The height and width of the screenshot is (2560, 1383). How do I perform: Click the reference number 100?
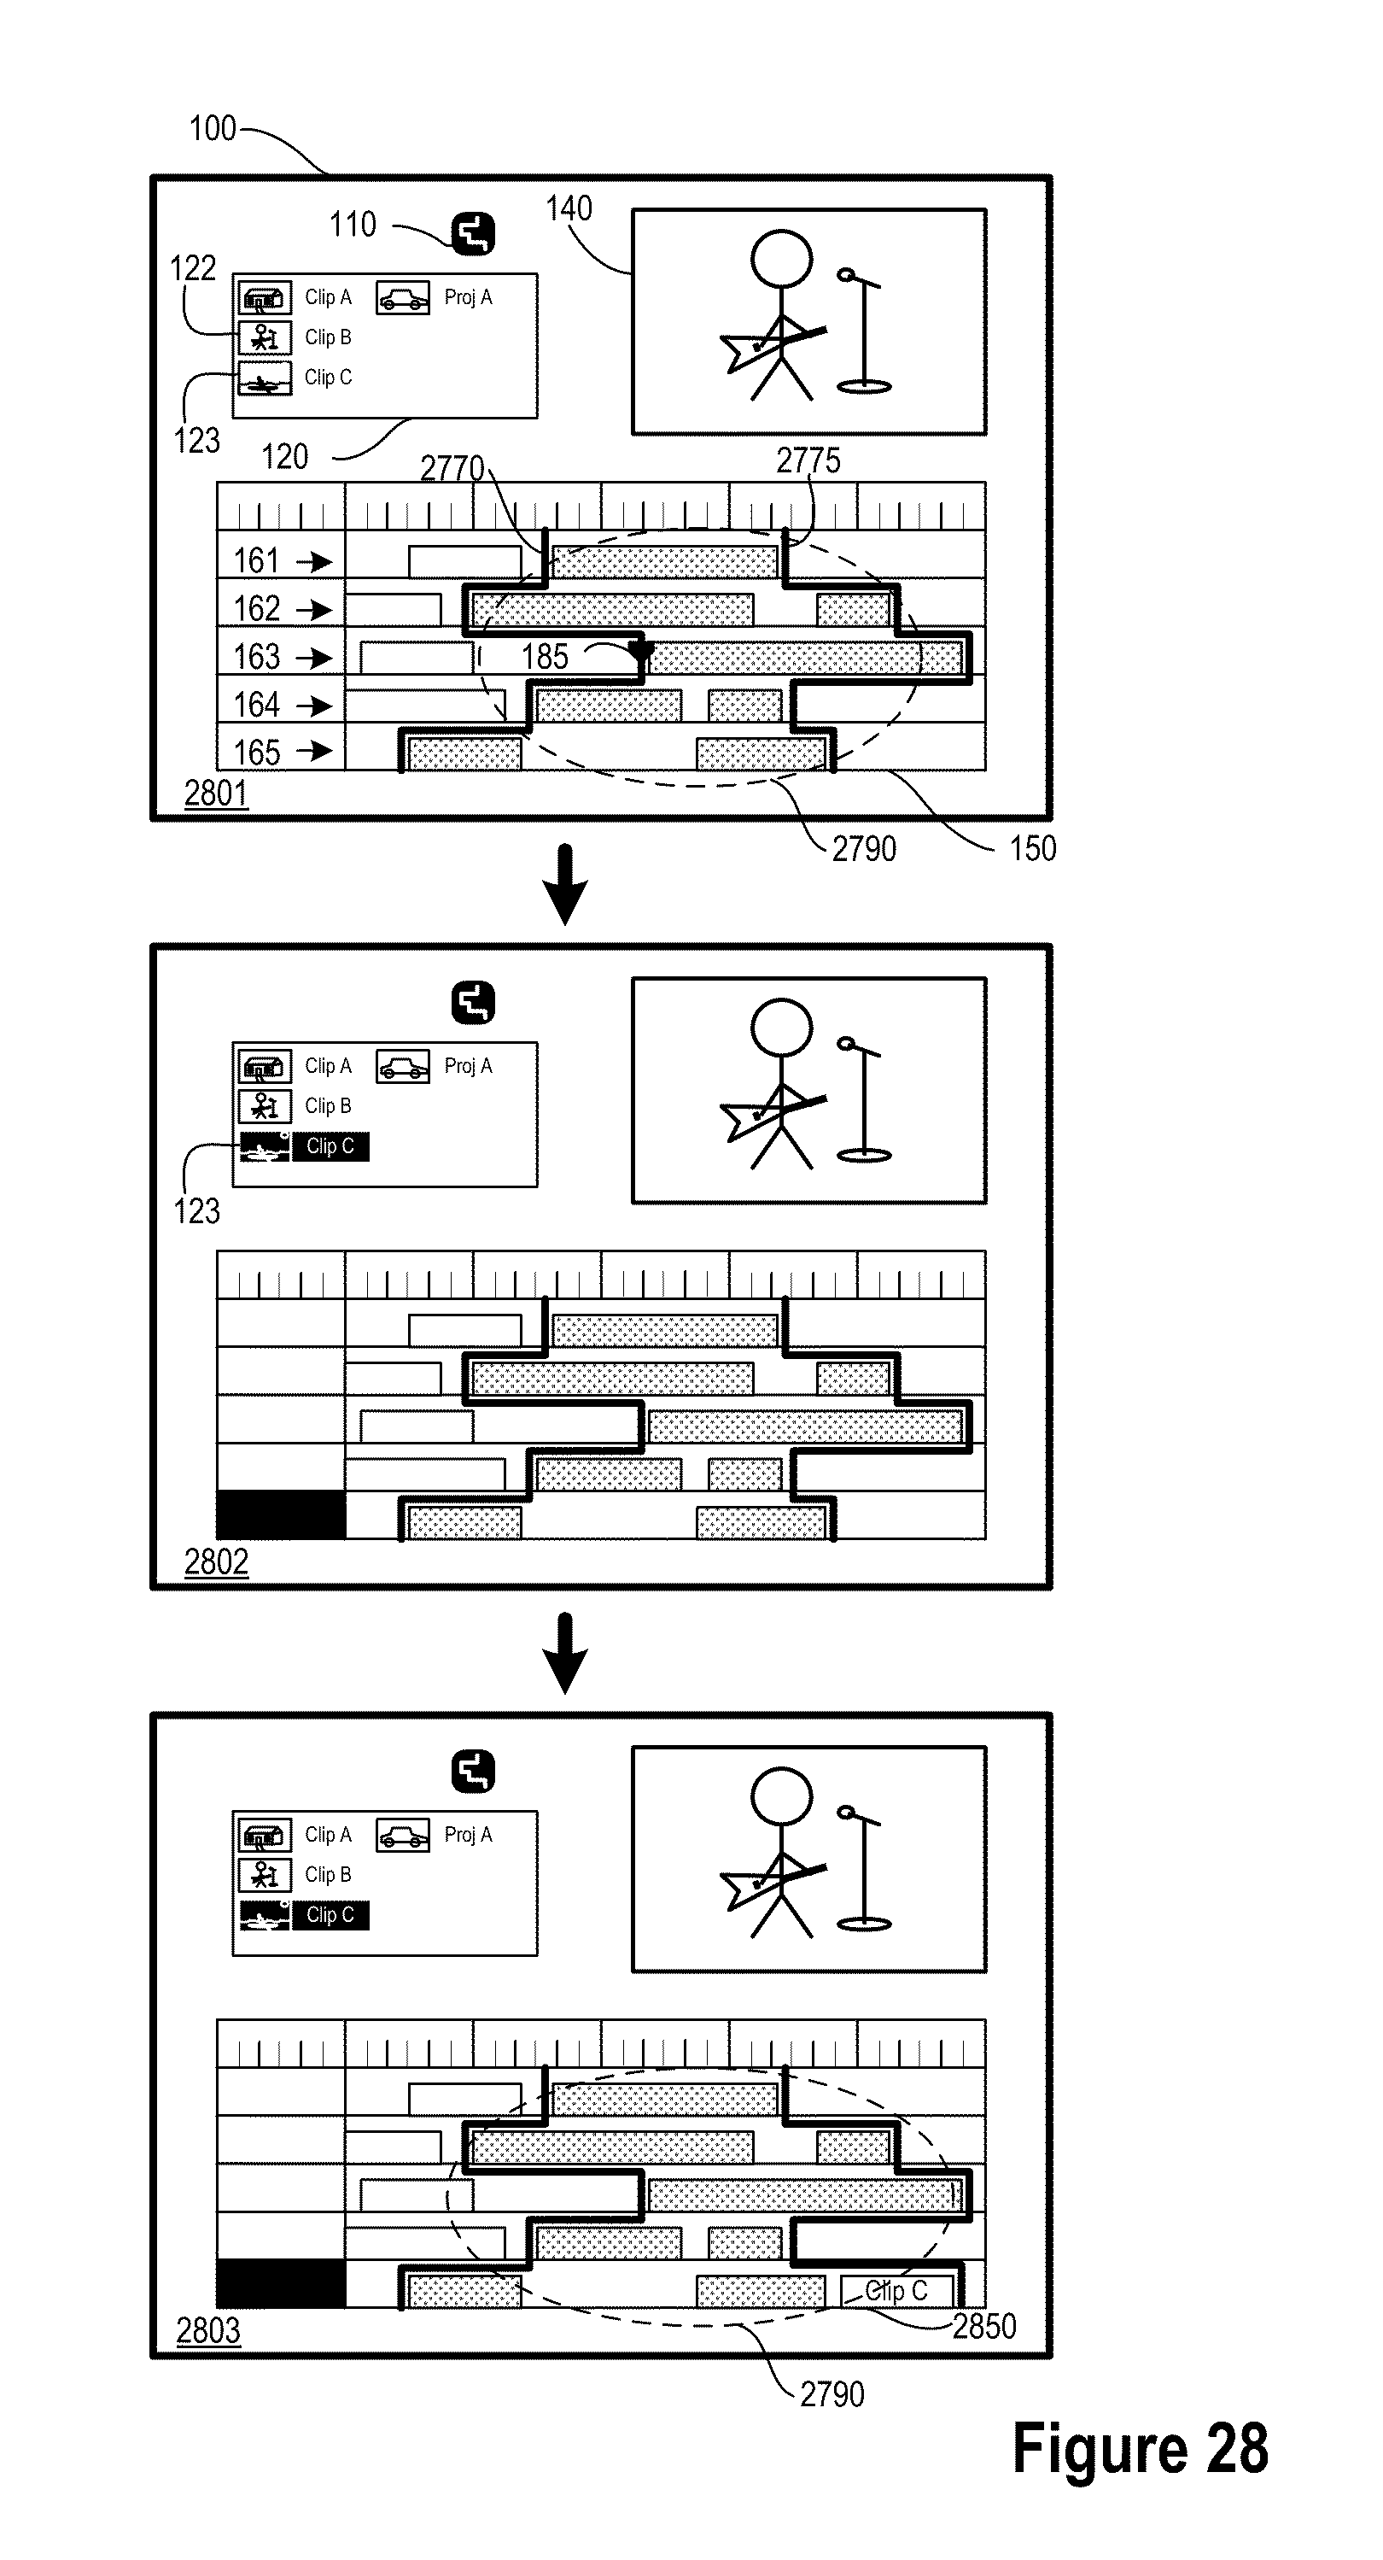(213, 128)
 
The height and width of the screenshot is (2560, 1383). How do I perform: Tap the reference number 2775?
(808, 460)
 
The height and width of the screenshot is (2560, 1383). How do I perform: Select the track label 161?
(256, 560)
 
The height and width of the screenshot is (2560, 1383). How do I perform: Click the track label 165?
(256, 753)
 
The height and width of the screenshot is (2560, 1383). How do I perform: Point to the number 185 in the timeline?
(545, 656)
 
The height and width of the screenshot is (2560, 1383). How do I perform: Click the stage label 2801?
(216, 793)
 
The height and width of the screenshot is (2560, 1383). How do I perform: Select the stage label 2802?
(216, 1561)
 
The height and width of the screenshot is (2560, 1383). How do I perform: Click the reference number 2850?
(983, 2327)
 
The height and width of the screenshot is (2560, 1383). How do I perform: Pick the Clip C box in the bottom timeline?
(897, 2292)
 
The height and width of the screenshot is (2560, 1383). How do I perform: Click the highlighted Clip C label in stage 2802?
(330, 1147)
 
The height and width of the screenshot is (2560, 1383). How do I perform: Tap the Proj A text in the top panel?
(468, 297)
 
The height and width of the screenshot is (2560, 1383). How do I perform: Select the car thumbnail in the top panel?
(402, 298)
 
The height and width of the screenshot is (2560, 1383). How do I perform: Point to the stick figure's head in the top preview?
(781, 257)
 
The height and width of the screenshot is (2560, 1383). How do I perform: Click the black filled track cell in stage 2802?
(281, 1514)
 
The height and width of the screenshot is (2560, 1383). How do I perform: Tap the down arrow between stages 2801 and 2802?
(565, 883)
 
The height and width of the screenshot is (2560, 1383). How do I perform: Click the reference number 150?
(1032, 849)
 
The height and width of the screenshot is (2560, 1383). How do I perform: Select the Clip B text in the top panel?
(328, 338)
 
